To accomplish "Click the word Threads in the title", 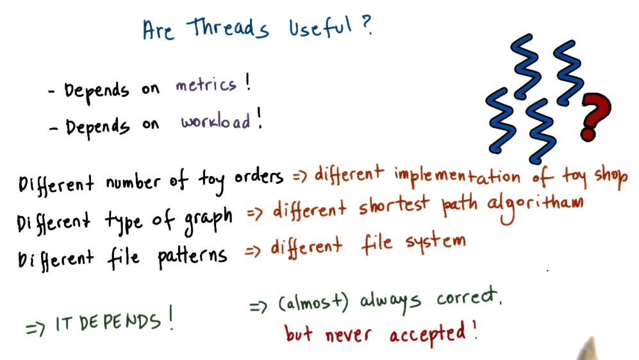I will (228, 29).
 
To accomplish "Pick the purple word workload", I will (215, 122).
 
